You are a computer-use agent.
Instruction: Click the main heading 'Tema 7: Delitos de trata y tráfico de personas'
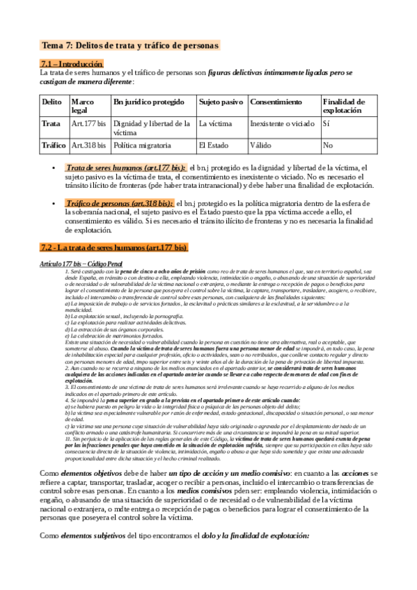(130, 45)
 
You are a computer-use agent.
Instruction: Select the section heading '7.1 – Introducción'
(72, 63)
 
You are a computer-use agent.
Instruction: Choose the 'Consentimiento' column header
(276, 102)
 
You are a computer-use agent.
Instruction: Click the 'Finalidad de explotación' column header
(343, 106)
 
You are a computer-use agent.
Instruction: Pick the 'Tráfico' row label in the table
(54, 145)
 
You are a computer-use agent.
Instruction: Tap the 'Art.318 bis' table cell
(89, 145)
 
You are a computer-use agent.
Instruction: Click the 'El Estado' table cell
(214, 145)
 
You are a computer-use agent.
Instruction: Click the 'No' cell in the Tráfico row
(328, 145)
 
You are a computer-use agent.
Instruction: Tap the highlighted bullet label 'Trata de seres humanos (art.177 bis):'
(125, 168)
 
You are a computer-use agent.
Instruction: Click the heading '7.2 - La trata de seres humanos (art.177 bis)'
(114, 247)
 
